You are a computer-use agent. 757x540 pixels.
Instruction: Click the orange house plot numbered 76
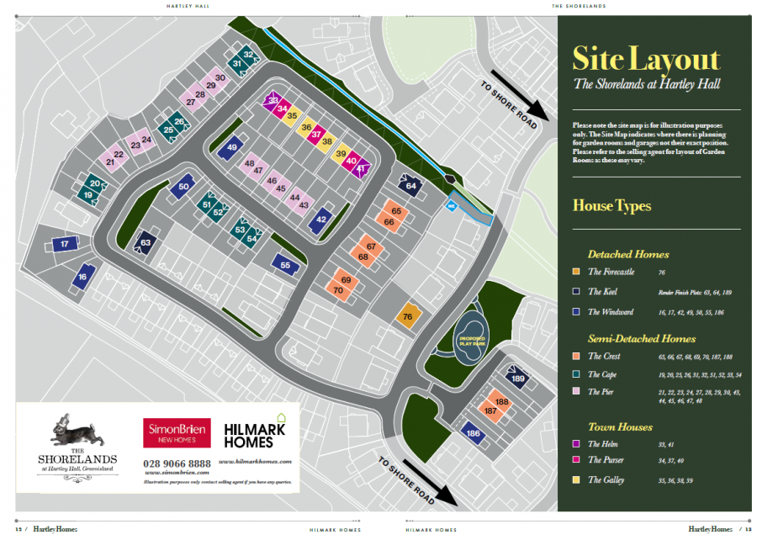pos(408,316)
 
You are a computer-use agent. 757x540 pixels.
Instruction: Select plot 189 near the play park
pos(518,379)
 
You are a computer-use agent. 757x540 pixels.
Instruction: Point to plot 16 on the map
pos(82,277)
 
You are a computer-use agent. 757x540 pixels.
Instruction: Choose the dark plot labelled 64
pos(410,185)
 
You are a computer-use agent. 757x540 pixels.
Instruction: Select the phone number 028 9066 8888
pos(177,463)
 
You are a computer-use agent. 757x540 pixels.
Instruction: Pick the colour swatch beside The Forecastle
pos(576,272)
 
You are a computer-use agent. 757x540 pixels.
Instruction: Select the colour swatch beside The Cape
pos(576,374)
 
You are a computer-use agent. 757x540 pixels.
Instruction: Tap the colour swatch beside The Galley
pos(576,479)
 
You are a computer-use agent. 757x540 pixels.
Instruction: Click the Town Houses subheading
pos(620,426)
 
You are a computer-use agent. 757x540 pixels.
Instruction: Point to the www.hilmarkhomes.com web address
pos(255,461)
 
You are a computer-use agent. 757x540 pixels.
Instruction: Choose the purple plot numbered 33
pos(273,100)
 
